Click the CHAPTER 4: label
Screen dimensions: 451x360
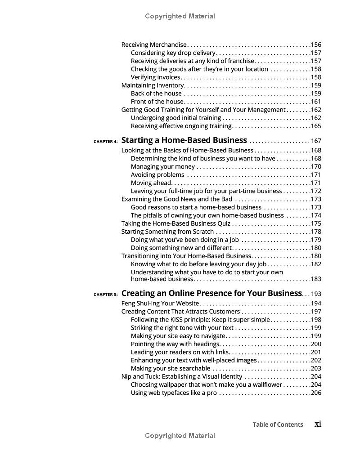106,142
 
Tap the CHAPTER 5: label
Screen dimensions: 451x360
106,295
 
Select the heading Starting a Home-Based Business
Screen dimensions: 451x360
184,140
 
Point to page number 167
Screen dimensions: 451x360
316,141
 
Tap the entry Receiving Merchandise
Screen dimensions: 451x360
154,45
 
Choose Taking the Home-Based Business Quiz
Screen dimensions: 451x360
176,223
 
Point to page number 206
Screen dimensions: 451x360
316,393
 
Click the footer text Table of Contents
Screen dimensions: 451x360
278,424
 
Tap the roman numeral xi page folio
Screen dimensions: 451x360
318,424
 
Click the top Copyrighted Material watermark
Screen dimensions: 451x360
180,16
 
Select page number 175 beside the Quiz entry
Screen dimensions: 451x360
316,223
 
